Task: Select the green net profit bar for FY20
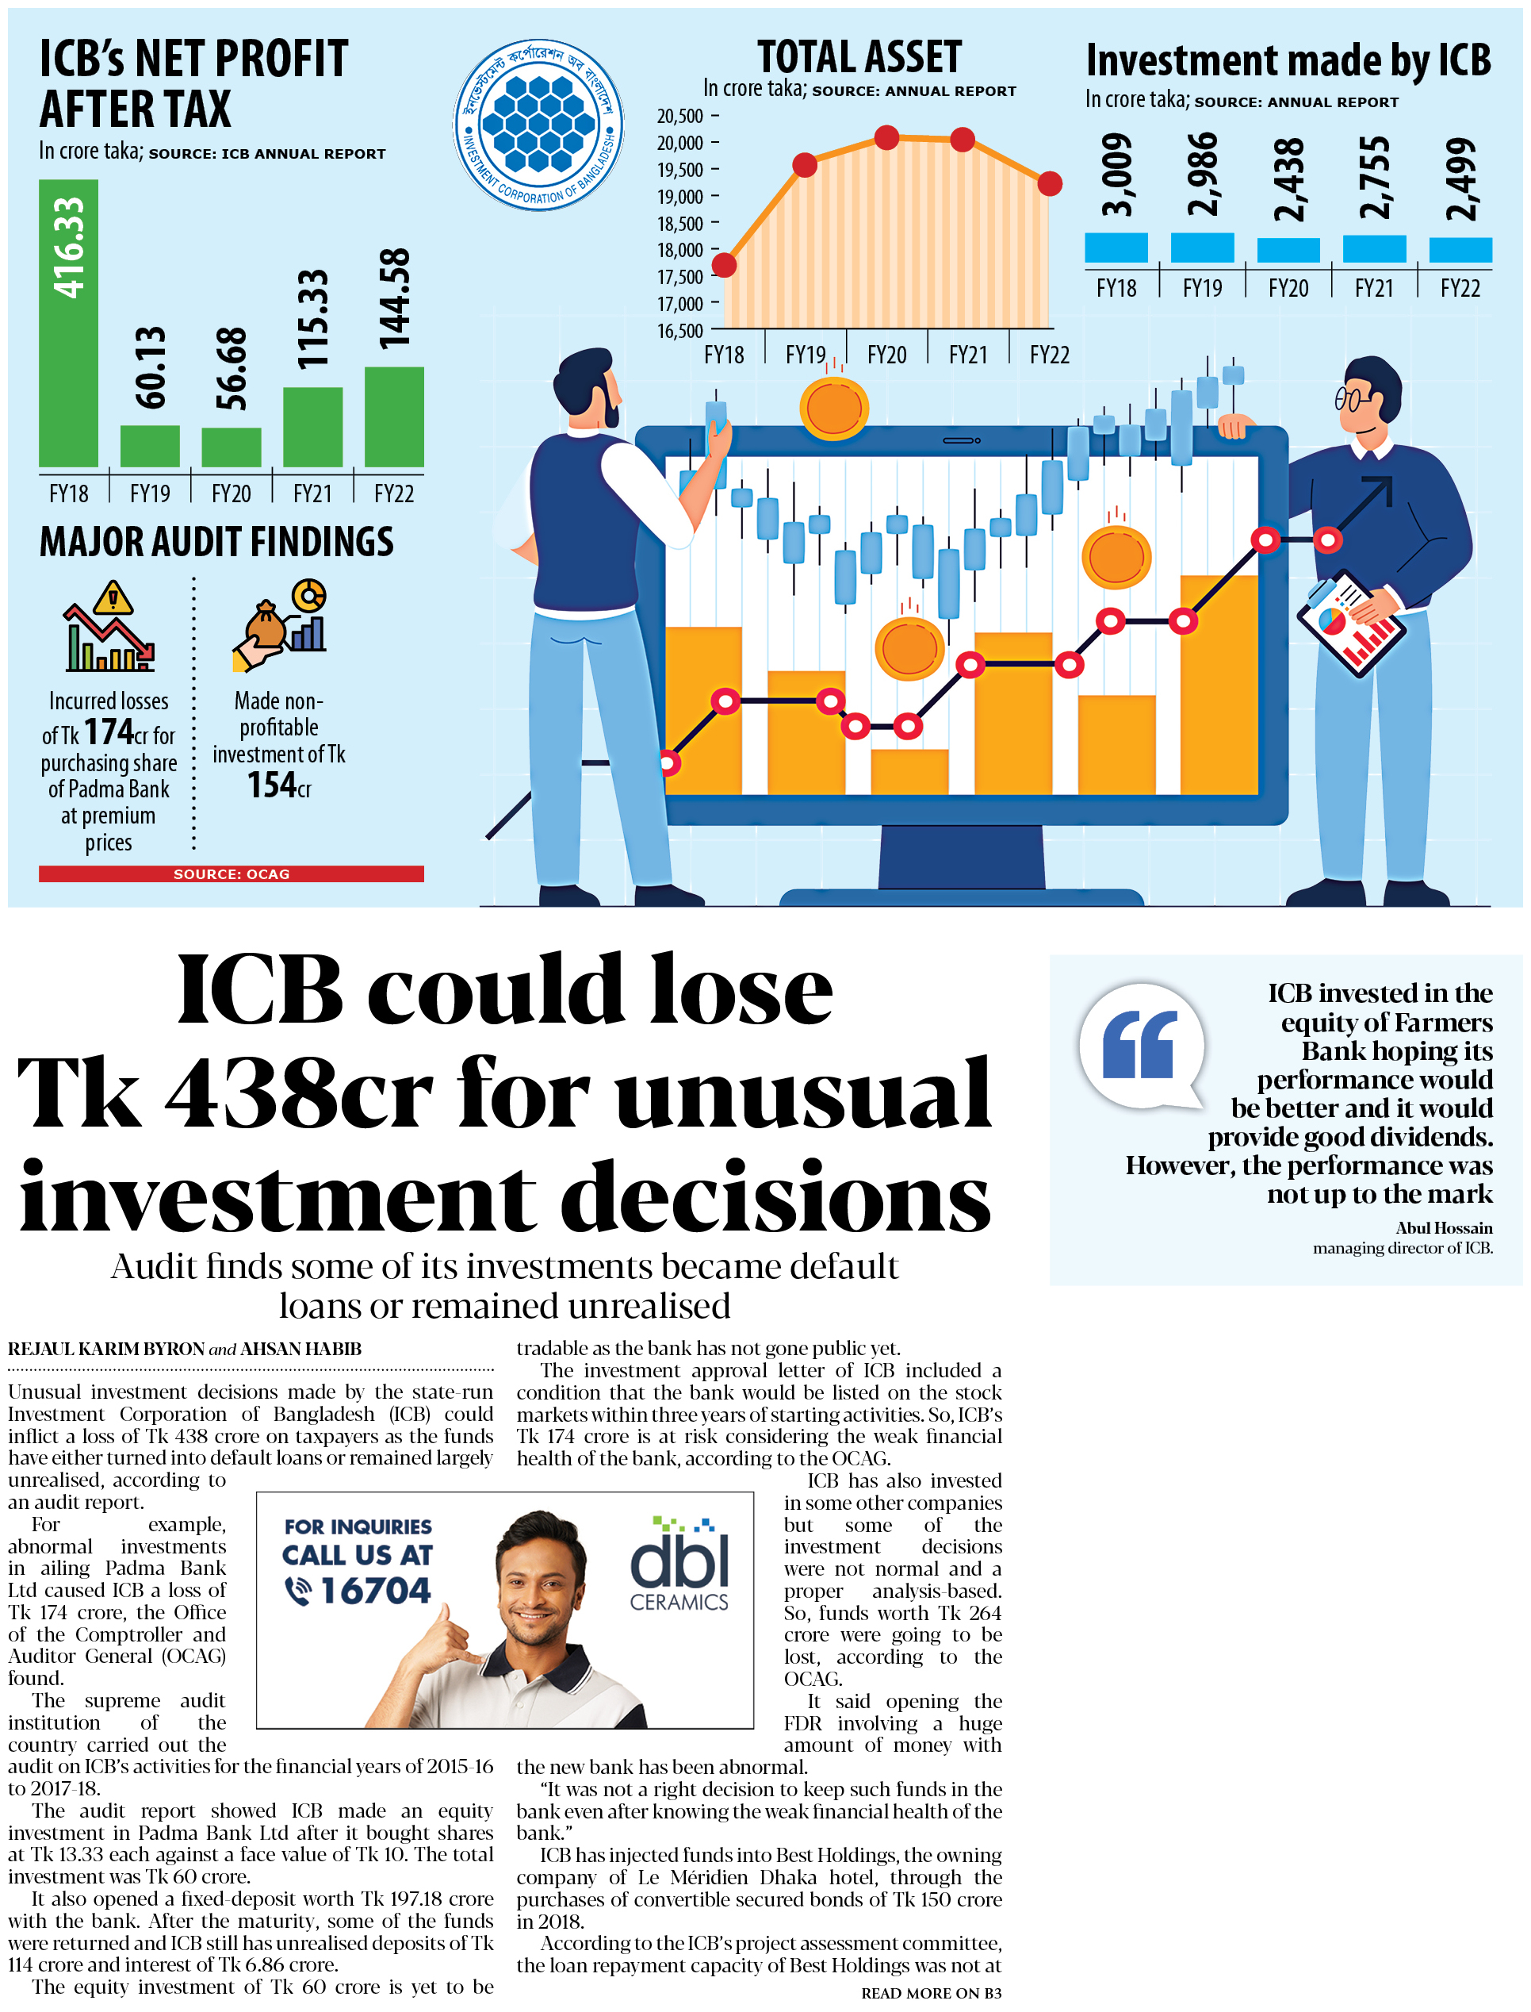[x=231, y=447]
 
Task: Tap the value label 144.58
[x=394, y=299]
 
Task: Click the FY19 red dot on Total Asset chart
[x=805, y=165]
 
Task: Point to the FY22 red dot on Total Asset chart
[x=1050, y=183]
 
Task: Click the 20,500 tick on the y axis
[x=681, y=117]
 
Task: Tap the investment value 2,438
[x=1288, y=179]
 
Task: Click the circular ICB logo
[x=538, y=124]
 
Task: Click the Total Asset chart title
[x=859, y=56]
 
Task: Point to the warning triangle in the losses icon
[x=113, y=598]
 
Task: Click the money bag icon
[x=266, y=624]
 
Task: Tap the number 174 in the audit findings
[x=109, y=731]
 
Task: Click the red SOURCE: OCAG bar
[x=232, y=874]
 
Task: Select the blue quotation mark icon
[x=1139, y=1044]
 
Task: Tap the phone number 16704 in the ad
[x=374, y=1591]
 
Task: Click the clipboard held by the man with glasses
[x=1349, y=622]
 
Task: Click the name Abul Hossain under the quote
[x=1444, y=1228]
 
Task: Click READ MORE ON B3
[x=931, y=1993]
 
